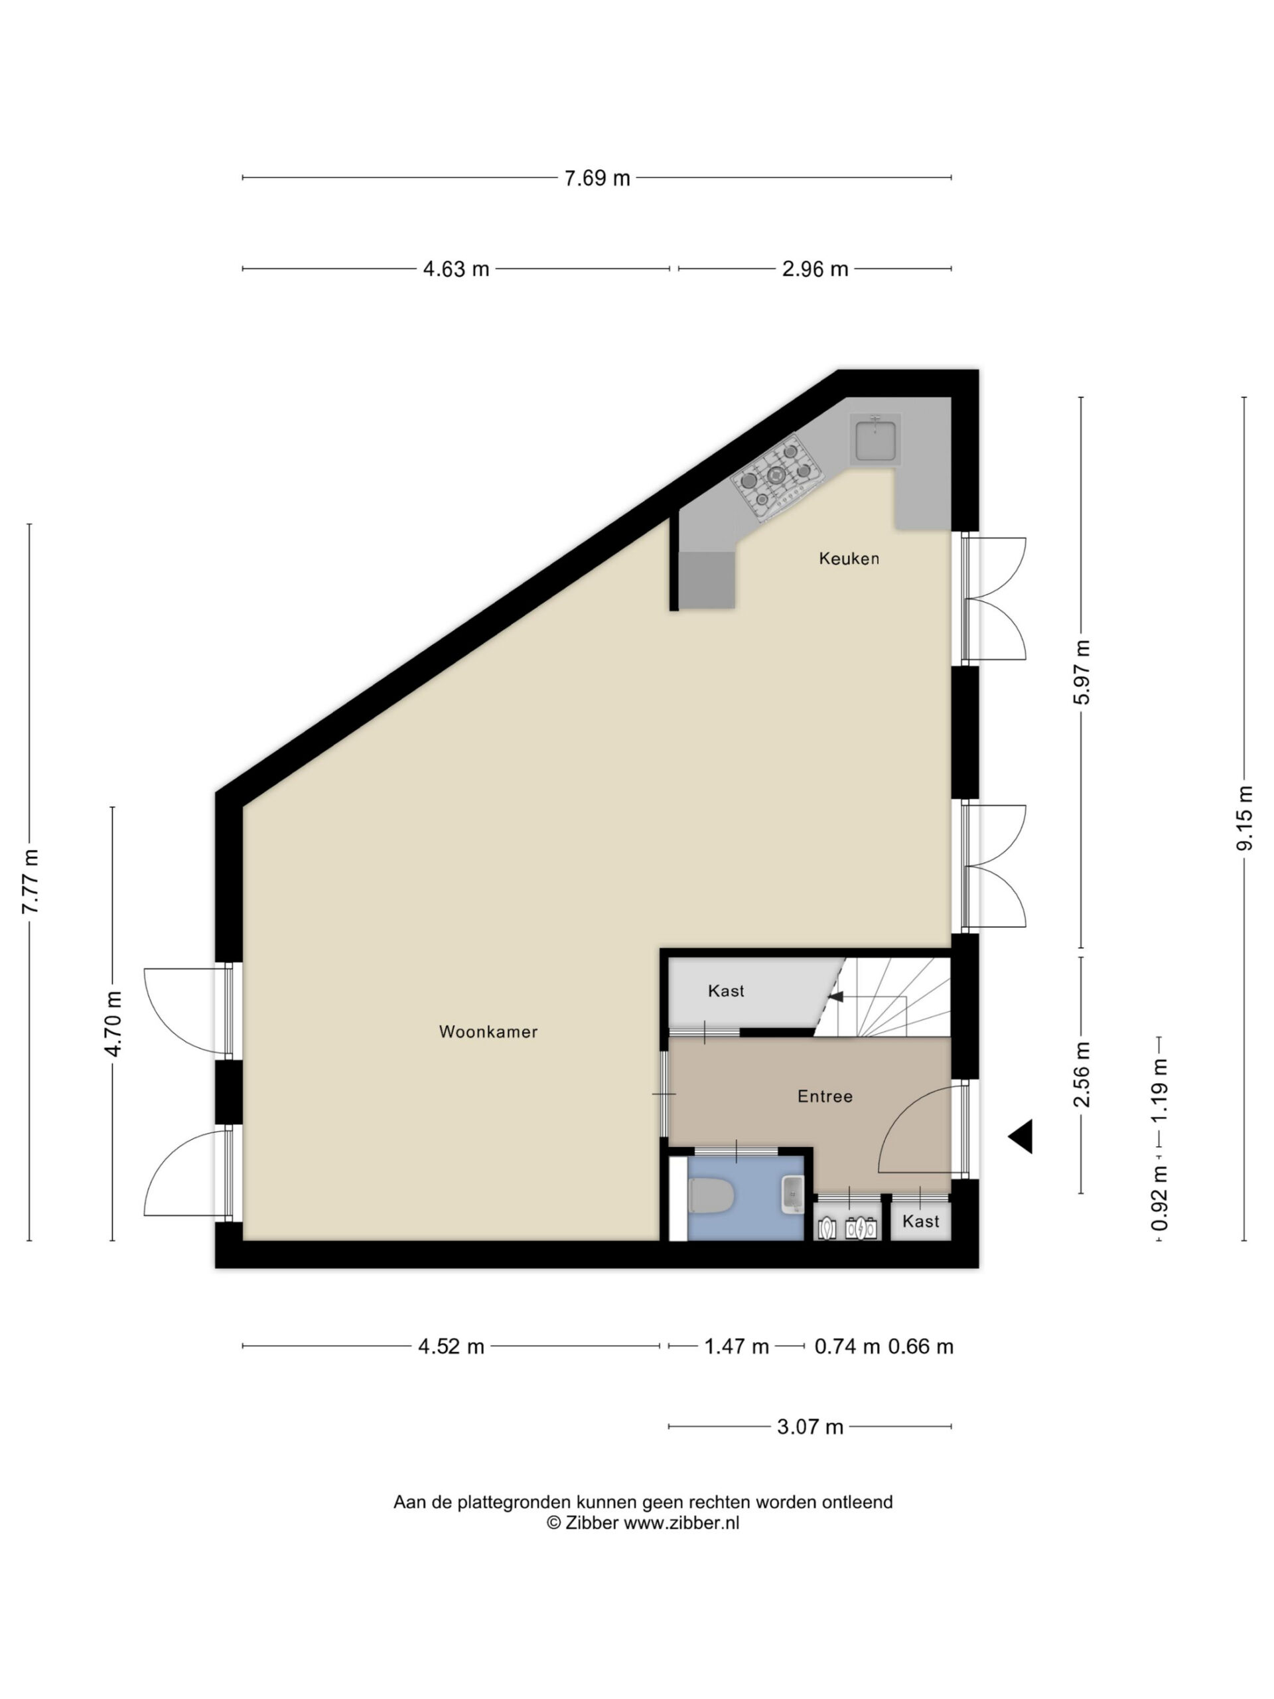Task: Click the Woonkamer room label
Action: (488, 1031)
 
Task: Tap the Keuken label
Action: (849, 558)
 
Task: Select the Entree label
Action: (825, 1096)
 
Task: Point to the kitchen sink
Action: (875, 439)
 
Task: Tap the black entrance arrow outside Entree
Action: (1021, 1136)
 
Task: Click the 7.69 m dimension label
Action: (597, 178)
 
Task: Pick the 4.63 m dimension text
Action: (456, 269)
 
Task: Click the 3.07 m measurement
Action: (810, 1427)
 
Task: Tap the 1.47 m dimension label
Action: (737, 1347)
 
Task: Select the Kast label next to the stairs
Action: (726, 991)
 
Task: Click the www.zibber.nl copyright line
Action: (643, 1523)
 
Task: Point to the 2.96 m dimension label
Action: (815, 269)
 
